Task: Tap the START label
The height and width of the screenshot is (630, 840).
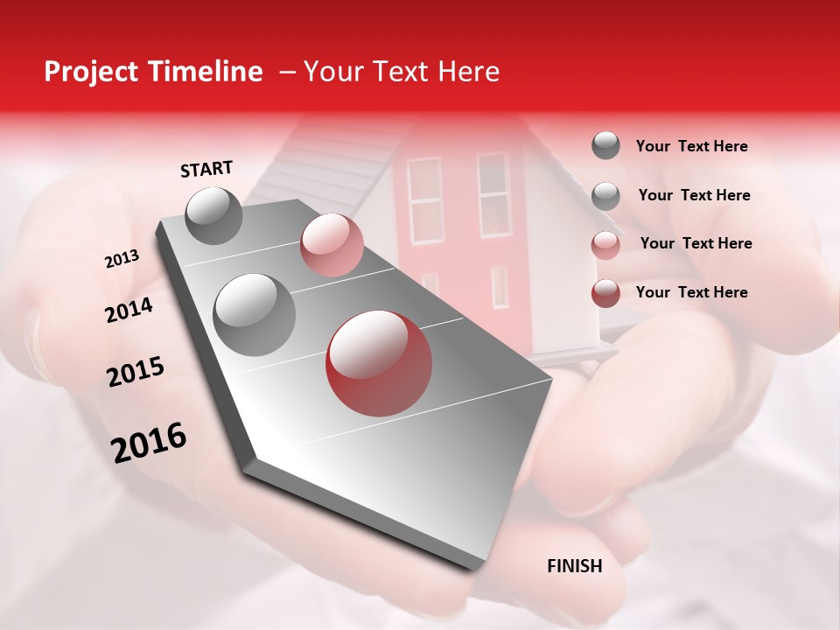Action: pos(206,168)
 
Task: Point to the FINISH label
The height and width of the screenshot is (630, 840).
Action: pos(575,566)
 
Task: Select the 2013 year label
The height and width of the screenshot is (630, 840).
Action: pos(122,259)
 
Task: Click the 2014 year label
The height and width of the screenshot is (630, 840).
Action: pos(129,310)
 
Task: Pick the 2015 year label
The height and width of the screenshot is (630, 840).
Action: pos(136,372)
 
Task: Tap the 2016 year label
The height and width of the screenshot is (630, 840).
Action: pos(149,443)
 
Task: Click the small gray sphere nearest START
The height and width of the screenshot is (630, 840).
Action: pos(214,215)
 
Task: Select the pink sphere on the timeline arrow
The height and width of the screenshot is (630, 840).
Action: pos(332,245)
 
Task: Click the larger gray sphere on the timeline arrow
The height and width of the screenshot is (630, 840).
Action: pos(255,314)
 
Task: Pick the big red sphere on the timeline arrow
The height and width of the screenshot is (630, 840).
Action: pos(379,363)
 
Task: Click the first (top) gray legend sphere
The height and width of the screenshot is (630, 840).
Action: pos(605,146)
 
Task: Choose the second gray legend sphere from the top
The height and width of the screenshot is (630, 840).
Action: pos(605,196)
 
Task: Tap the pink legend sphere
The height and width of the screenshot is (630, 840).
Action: pos(605,245)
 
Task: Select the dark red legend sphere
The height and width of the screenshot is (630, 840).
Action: pos(605,293)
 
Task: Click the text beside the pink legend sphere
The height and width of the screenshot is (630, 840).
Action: pos(696,243)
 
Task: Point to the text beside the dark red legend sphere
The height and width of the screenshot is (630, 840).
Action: pos(692,292)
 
